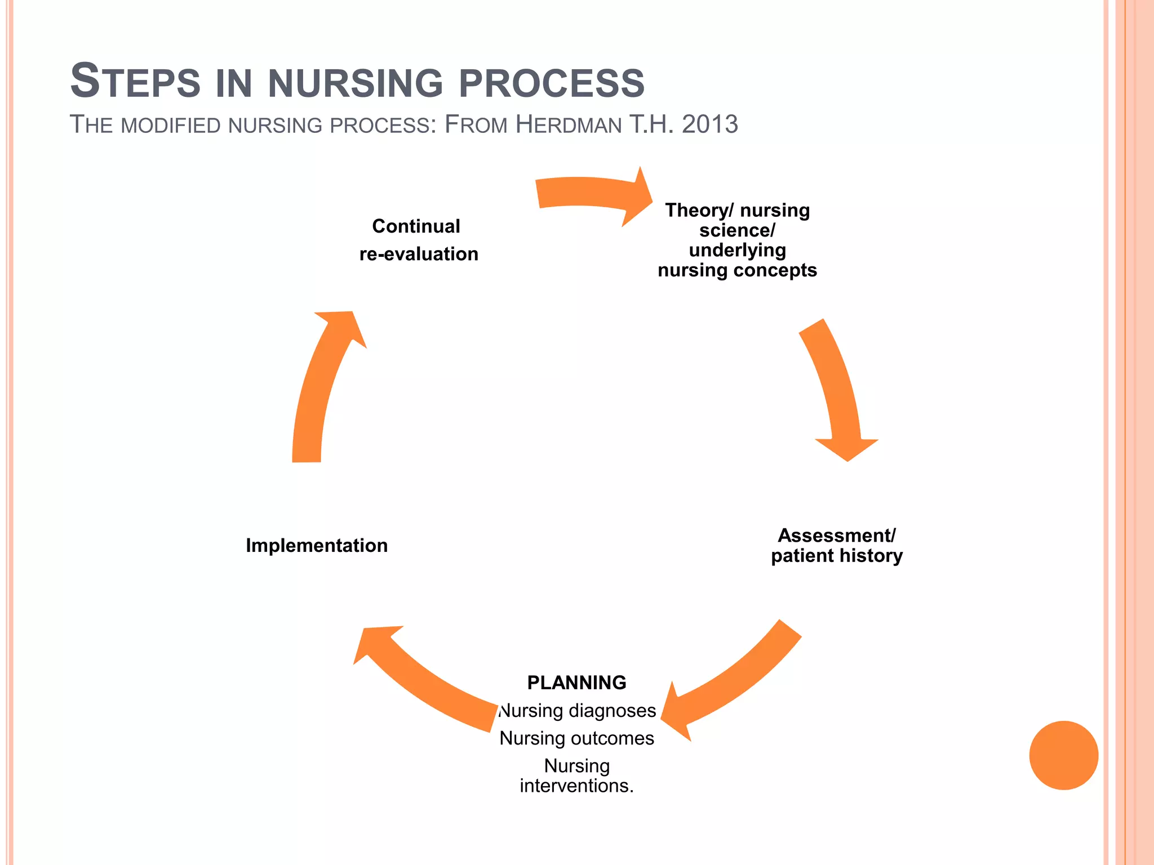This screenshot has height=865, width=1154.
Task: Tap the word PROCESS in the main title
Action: tap(552, 83)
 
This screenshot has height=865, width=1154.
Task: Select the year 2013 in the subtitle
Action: tap(709, 124)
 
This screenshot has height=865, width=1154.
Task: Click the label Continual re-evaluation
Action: tap(418, 240)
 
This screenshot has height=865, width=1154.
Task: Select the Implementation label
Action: tap(317, 545)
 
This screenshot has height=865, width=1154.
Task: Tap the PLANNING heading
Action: tap(576, 683)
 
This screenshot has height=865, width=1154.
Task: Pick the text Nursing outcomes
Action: tap(576, 738)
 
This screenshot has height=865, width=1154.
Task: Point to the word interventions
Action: tap(576, 786)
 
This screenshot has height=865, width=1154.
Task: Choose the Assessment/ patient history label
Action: tap(837, 545)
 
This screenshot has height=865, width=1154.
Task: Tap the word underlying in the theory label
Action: tap(737, 250)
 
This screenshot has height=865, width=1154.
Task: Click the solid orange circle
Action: tap(1063, 755)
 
